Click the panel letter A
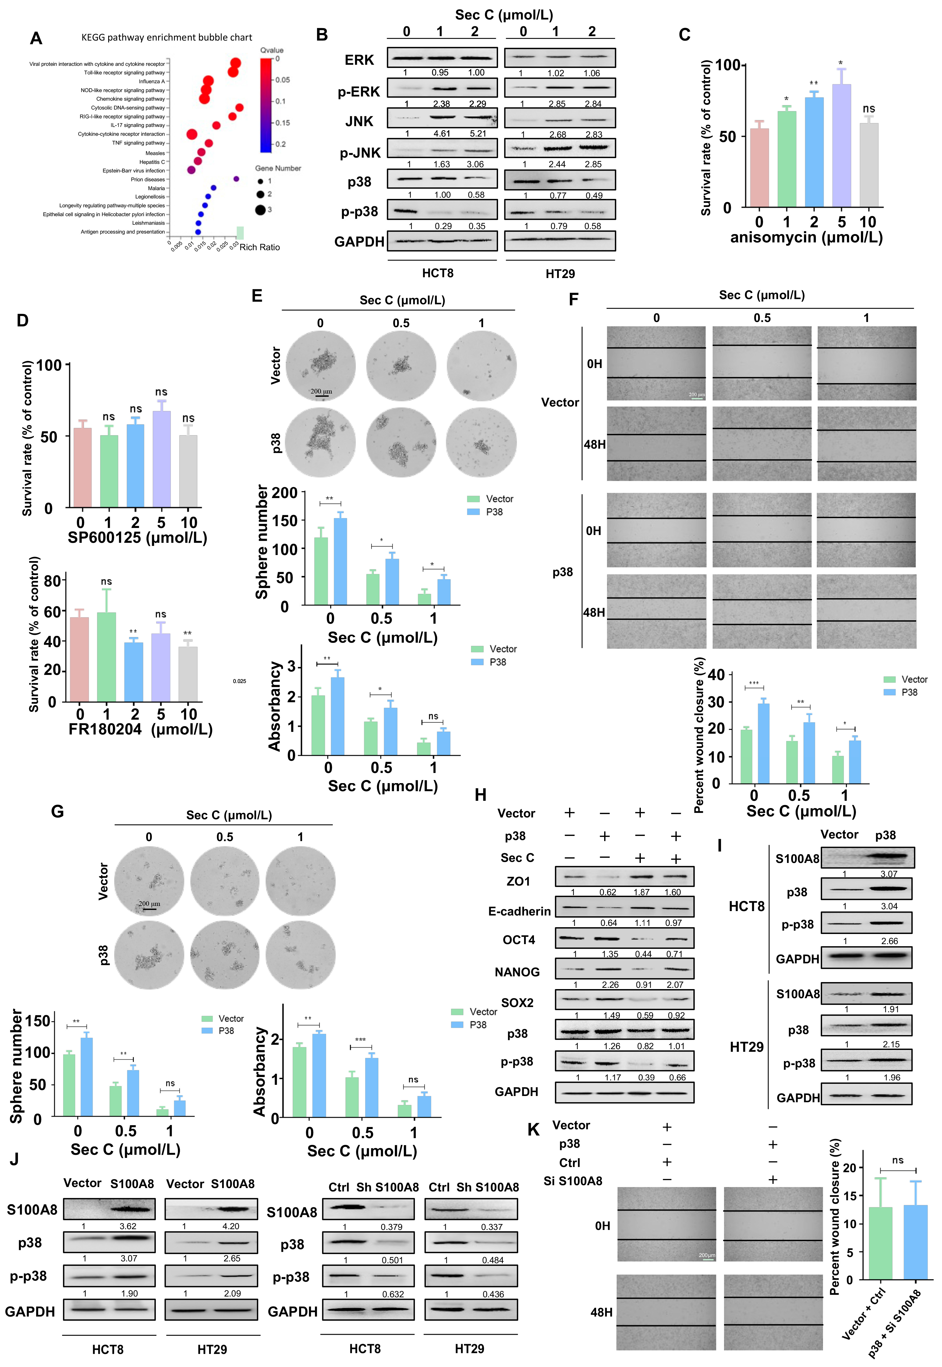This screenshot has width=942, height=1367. [x=36, y=39]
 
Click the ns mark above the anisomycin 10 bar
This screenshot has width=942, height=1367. [x=868, y=109]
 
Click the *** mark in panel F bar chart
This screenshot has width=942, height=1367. [x=754, y=683]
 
